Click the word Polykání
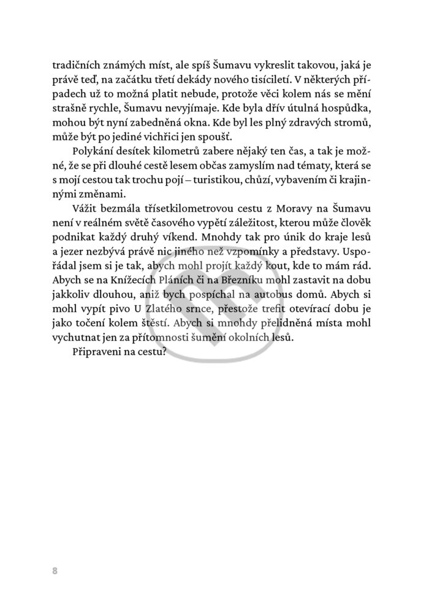coord(97,152)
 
